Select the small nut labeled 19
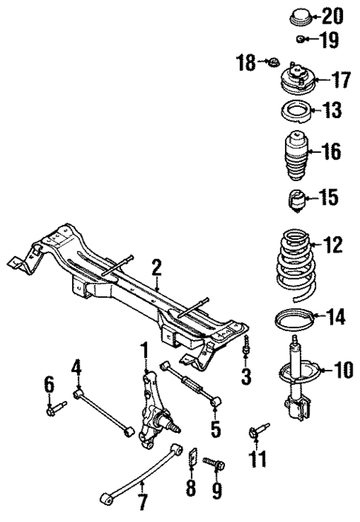click(299, 39)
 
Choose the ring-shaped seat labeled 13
click(298, 113)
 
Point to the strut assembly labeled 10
click(298, 379)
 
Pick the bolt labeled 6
click(54, 407)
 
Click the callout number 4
click(76, 368)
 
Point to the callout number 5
click(215, 429)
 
